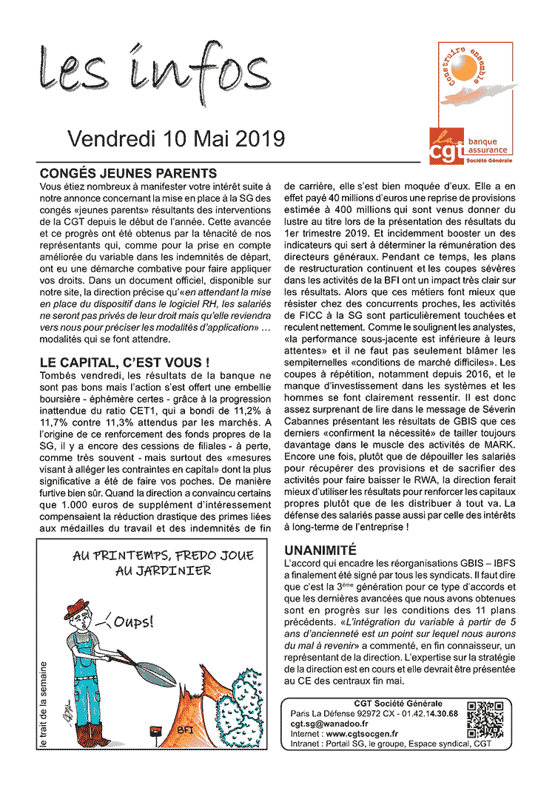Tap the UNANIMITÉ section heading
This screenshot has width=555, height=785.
click(x=320, y=550)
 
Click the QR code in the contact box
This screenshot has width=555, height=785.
click(x=485, y=718)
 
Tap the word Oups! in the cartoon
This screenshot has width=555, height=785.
click(x=134, y=622)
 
